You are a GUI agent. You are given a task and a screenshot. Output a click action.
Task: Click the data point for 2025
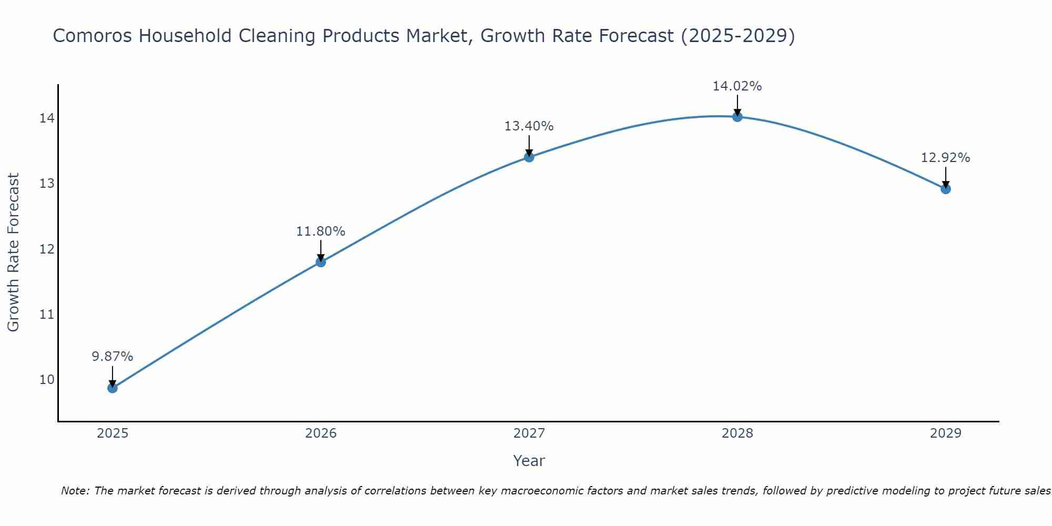click(x=113, y=388)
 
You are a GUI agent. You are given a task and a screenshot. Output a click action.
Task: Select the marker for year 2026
click(x=321, y=262)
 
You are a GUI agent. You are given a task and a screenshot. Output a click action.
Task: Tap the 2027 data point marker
click(x=529, y=157)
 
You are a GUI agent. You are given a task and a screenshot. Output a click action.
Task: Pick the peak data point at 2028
click(x=737, y=117)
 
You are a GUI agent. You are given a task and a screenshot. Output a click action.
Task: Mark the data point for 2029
click(x=946, y=189)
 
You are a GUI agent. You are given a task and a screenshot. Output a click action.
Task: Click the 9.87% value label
click(x=113, y=357)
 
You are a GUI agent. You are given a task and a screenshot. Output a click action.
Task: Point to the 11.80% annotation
click(x=321, y=231)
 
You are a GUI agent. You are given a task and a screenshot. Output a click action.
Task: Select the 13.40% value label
click(x=529, y=126)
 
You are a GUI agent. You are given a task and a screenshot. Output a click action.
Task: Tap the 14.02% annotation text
click(x=737, y=86)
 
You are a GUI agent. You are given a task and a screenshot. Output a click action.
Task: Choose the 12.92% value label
click(x=946, y=158)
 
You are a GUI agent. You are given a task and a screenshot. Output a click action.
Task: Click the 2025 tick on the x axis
click(x=113, y=433)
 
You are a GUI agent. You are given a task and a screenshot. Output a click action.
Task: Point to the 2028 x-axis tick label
click(x=737, y=433)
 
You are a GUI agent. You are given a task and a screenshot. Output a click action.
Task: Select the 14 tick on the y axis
click(x=47, y=118)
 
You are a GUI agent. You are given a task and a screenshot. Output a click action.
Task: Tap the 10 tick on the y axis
click(x=47, y=380)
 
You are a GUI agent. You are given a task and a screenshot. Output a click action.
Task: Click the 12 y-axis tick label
click(x=47, y=249)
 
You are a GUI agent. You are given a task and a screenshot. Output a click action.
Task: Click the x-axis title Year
click(x=529, y=461)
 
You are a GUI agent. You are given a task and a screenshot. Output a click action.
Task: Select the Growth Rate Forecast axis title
click(x=14, y=252)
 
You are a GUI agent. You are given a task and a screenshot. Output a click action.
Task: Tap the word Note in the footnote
click(x=75, y=491)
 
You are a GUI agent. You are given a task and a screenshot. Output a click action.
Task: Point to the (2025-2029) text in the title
click(x=737, y=36)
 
